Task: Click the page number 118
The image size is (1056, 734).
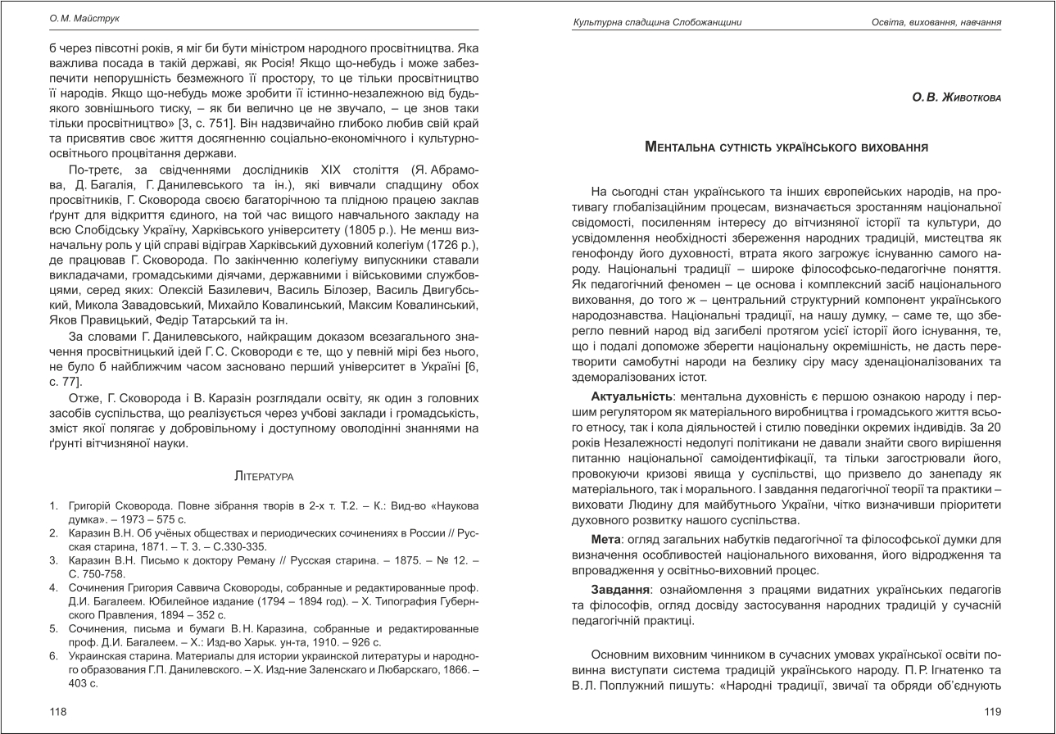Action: [57, 712]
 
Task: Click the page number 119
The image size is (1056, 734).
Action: [993, 712]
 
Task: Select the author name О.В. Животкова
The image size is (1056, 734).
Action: [957, 97]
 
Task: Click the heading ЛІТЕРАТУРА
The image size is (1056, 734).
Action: [264, 475]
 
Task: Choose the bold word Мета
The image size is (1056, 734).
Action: [606, 540]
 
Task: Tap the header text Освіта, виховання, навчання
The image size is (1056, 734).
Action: [936, 21]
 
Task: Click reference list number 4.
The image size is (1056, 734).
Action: [52, 587]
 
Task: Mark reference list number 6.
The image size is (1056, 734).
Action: [52, 657]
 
